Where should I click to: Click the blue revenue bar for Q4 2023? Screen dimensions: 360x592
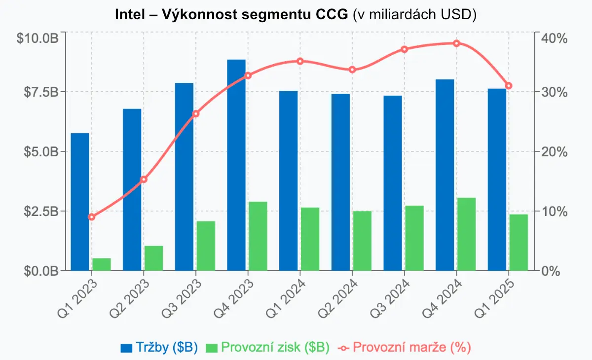[x=236, y=165]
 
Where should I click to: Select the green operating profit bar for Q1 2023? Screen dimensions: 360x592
[x=102, y=264]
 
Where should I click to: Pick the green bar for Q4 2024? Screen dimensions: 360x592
[x=467, y=234]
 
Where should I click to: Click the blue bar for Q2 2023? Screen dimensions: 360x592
[x=132, y=189]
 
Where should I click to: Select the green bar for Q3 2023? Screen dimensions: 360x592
[x=206, y=246]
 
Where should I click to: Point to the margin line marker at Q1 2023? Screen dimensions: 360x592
[x=91, y=217]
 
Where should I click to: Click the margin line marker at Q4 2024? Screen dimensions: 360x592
[x=456, y=43]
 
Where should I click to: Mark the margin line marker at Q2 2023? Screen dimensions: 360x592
[x=144, y=180]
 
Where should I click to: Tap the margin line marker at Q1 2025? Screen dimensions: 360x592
[x=509, y=86]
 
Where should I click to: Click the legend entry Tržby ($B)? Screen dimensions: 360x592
[x=159, y=347]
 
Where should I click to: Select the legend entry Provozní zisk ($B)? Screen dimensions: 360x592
[x=267, y=347]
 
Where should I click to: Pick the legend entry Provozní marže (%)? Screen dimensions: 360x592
[x=405, y=347]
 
